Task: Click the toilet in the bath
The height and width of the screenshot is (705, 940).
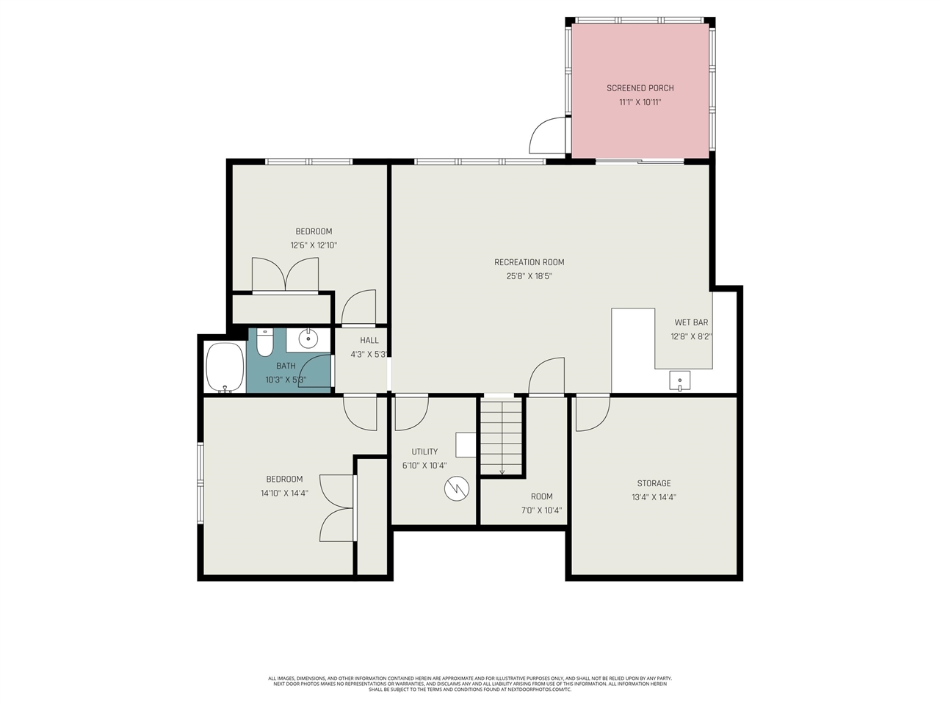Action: (264, 342)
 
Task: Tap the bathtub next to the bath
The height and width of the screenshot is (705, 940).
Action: (225, 367)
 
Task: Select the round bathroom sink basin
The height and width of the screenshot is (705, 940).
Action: (308, 339)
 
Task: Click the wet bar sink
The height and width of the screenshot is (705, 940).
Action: (679, 380)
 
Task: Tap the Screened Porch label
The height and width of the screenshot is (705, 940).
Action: (640, 88)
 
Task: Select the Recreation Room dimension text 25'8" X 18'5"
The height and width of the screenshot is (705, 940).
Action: (529, 276)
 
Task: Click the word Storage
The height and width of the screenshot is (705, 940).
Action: (654, 483)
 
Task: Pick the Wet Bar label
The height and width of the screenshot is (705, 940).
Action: (691, 322)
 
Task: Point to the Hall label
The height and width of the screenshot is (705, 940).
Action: (369, 340)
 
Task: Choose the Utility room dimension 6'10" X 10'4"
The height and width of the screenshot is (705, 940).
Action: (424, 466)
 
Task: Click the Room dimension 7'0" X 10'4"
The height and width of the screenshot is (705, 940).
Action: (541, 510)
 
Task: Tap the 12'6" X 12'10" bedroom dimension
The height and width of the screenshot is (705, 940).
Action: (314, 245)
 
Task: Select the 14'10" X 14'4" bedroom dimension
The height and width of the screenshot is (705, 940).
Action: (284, 493)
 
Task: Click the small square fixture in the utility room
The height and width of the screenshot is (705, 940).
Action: (466, 445)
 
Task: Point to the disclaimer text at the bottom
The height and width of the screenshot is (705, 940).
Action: (470, 684)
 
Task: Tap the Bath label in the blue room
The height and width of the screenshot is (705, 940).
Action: (286, 366)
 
